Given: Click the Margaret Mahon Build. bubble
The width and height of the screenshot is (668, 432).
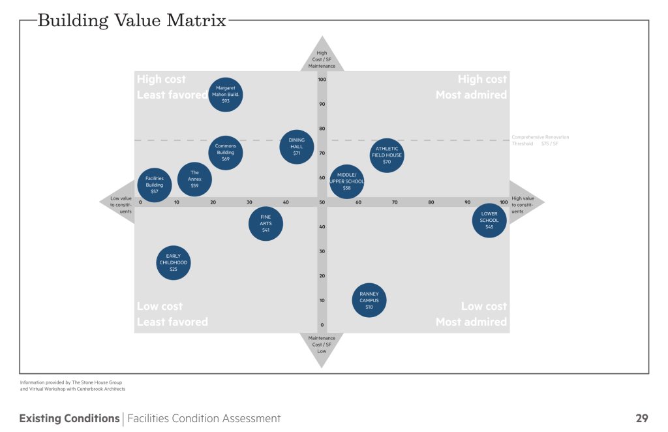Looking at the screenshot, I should point(225,95).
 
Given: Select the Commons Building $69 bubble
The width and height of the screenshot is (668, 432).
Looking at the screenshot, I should point(226,153).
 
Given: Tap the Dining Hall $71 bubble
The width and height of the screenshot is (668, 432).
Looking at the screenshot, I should point(297,146).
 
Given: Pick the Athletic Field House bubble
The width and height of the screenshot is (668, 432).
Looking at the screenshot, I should point(387,155).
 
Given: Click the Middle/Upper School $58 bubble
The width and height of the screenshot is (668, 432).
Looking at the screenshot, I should point(346,181).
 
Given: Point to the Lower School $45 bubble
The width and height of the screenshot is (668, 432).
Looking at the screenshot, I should point(489,220).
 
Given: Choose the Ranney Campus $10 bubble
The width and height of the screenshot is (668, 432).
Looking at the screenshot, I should point(369,300).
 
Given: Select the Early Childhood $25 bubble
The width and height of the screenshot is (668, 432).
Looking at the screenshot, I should point(174,262).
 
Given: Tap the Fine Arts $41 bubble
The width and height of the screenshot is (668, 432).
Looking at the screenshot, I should point(266,224).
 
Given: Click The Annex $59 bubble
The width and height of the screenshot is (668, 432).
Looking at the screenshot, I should point(194,179).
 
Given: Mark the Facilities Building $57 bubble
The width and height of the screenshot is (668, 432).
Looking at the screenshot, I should point(155,185).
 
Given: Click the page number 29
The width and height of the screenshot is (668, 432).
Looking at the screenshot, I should point(641,418).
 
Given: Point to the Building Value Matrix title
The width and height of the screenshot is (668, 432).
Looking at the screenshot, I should point(132,20).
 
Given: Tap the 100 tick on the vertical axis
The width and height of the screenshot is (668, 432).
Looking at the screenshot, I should point(322,80).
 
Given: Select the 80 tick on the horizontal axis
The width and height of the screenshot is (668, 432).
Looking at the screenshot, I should point(431,202).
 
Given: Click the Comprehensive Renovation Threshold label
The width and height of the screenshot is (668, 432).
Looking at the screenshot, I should point(540,140).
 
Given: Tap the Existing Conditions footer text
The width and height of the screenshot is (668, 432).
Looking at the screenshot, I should point(69,418).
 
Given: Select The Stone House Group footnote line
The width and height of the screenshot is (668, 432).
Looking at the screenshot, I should point(71,382).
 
